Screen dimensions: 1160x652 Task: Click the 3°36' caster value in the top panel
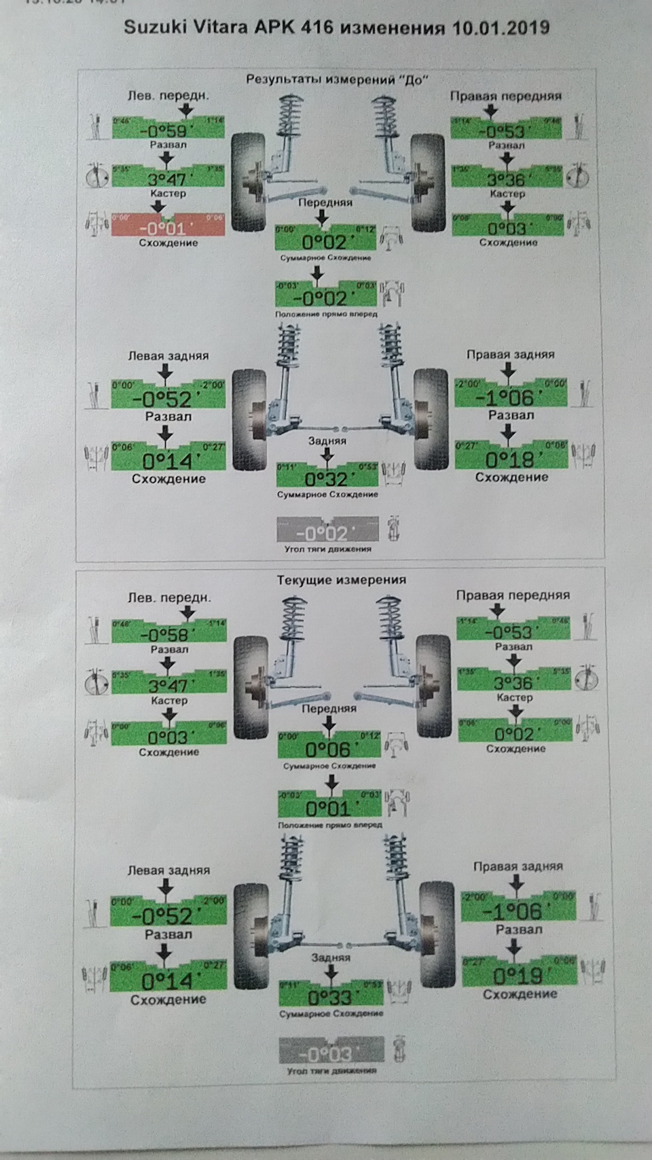pos(507,178)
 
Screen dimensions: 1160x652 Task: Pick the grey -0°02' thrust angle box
pos(327,531)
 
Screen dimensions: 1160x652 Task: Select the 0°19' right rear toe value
pos(519,975)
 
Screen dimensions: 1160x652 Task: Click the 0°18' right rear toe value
pos(511,459)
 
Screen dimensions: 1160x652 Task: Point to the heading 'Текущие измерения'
pos(341,580)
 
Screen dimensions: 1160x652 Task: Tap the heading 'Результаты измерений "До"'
pos(338,80)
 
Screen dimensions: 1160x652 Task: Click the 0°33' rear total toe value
pos(331,996)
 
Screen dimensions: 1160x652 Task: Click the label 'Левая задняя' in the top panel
pos(168,355)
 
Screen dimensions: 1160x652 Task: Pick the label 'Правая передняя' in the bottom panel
pos(513,595)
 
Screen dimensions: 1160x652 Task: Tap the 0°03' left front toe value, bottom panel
pos(168,737)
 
